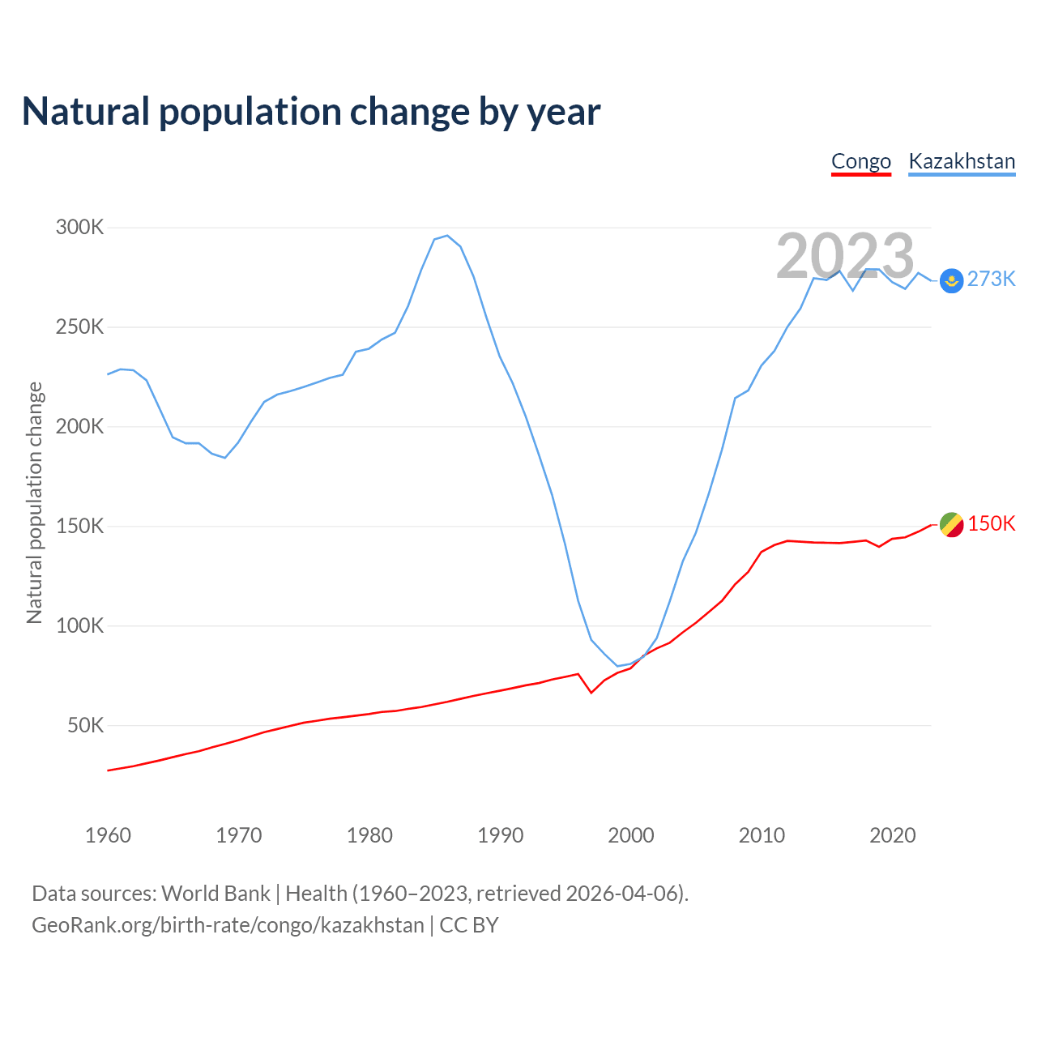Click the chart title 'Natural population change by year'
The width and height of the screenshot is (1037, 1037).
click(311, 112)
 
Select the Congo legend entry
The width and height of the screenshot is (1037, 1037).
click(860, 161)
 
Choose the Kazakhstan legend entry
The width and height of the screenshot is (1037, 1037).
click(962, 161)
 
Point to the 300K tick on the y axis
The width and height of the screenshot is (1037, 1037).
click(80, 228)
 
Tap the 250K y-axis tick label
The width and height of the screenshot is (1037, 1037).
click(80, 327)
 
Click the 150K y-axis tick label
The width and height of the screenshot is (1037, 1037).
click(80, 527)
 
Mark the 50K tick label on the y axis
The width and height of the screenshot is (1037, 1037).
click(85, 726)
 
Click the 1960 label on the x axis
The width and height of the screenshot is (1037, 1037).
click(108, 835)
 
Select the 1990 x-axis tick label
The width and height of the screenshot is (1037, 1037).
click(500, 835)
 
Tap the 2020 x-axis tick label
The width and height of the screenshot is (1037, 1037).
click(892, 835)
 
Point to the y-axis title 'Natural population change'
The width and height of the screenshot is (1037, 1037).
click(34, 502)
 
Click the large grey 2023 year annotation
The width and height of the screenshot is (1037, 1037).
click(845, 256)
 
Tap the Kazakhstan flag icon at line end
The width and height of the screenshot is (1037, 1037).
click(951, 281)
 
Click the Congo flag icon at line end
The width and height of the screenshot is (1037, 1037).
click(951, 525)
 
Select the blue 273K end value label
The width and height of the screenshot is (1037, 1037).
click(991, 280)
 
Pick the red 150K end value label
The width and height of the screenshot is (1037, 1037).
click(991, 524)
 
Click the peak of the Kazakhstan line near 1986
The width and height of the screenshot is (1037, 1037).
click(447, 236)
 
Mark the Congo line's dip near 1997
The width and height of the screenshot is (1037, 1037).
click(591, 693)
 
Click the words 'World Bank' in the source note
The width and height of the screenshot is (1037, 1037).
click(216, 894)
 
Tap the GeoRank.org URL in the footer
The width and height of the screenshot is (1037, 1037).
click(228, 925)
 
